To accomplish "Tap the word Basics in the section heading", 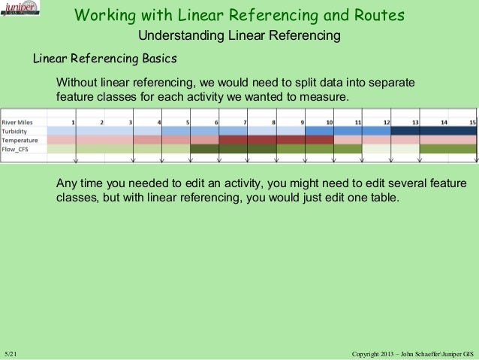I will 155,59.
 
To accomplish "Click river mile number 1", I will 73,122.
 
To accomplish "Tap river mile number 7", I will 245,122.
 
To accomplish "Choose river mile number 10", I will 330,122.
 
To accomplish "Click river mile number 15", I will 472,122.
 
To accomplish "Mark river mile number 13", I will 415,122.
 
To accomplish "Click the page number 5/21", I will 12,353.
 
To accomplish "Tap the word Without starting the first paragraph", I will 77,81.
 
